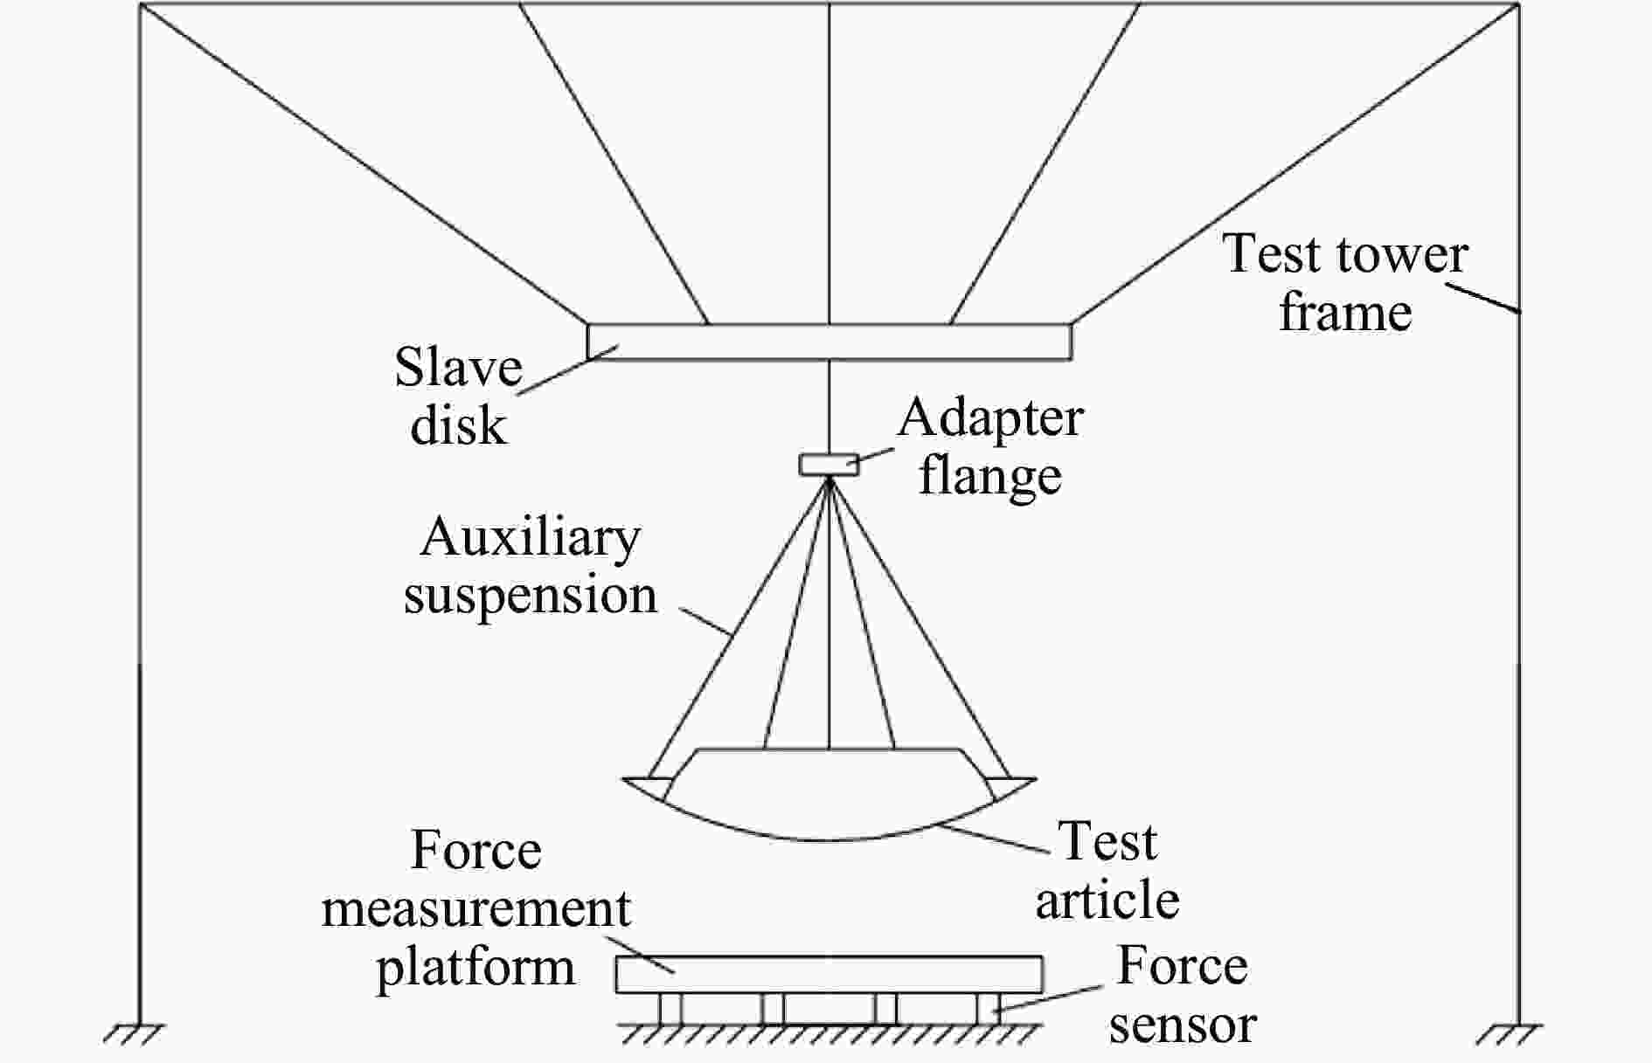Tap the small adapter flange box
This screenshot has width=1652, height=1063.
[829, 464]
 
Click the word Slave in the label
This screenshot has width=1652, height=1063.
[458, 367]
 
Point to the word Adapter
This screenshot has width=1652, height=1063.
[990, 418]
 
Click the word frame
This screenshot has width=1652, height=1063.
[1345, 312]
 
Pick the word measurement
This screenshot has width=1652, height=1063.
[476, 909]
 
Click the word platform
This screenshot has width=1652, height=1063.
[475, 968]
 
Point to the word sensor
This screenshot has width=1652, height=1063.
[1183, 1025]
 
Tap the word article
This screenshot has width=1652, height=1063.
[1107, 900]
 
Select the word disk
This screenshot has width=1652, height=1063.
[458, 425]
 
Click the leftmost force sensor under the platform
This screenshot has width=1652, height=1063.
[670, 1008]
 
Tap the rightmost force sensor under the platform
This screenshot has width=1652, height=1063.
[989, 1008]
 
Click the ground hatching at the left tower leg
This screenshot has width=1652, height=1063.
[134, 1034]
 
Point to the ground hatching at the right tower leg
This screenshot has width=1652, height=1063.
[1510, 1034]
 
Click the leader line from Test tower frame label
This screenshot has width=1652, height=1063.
[1486, 298]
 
